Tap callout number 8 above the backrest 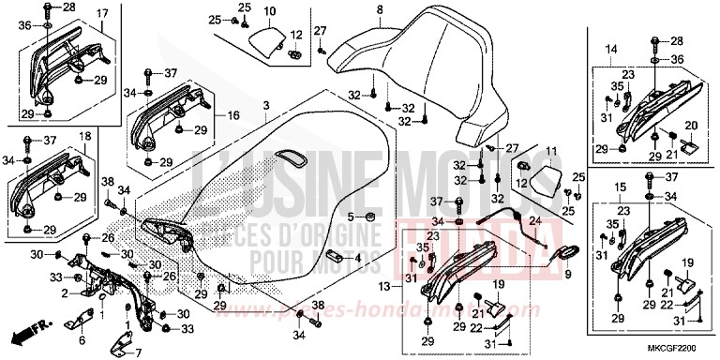[x=380, y=10]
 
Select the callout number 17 [x=102, y=13]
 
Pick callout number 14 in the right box [x=610, y=48]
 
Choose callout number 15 [x=619, y=188]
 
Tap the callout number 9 [x=567, y=274]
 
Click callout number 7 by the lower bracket [x=137, y=352]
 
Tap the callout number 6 [x=81, y=329]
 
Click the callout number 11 [x=551, y=151]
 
